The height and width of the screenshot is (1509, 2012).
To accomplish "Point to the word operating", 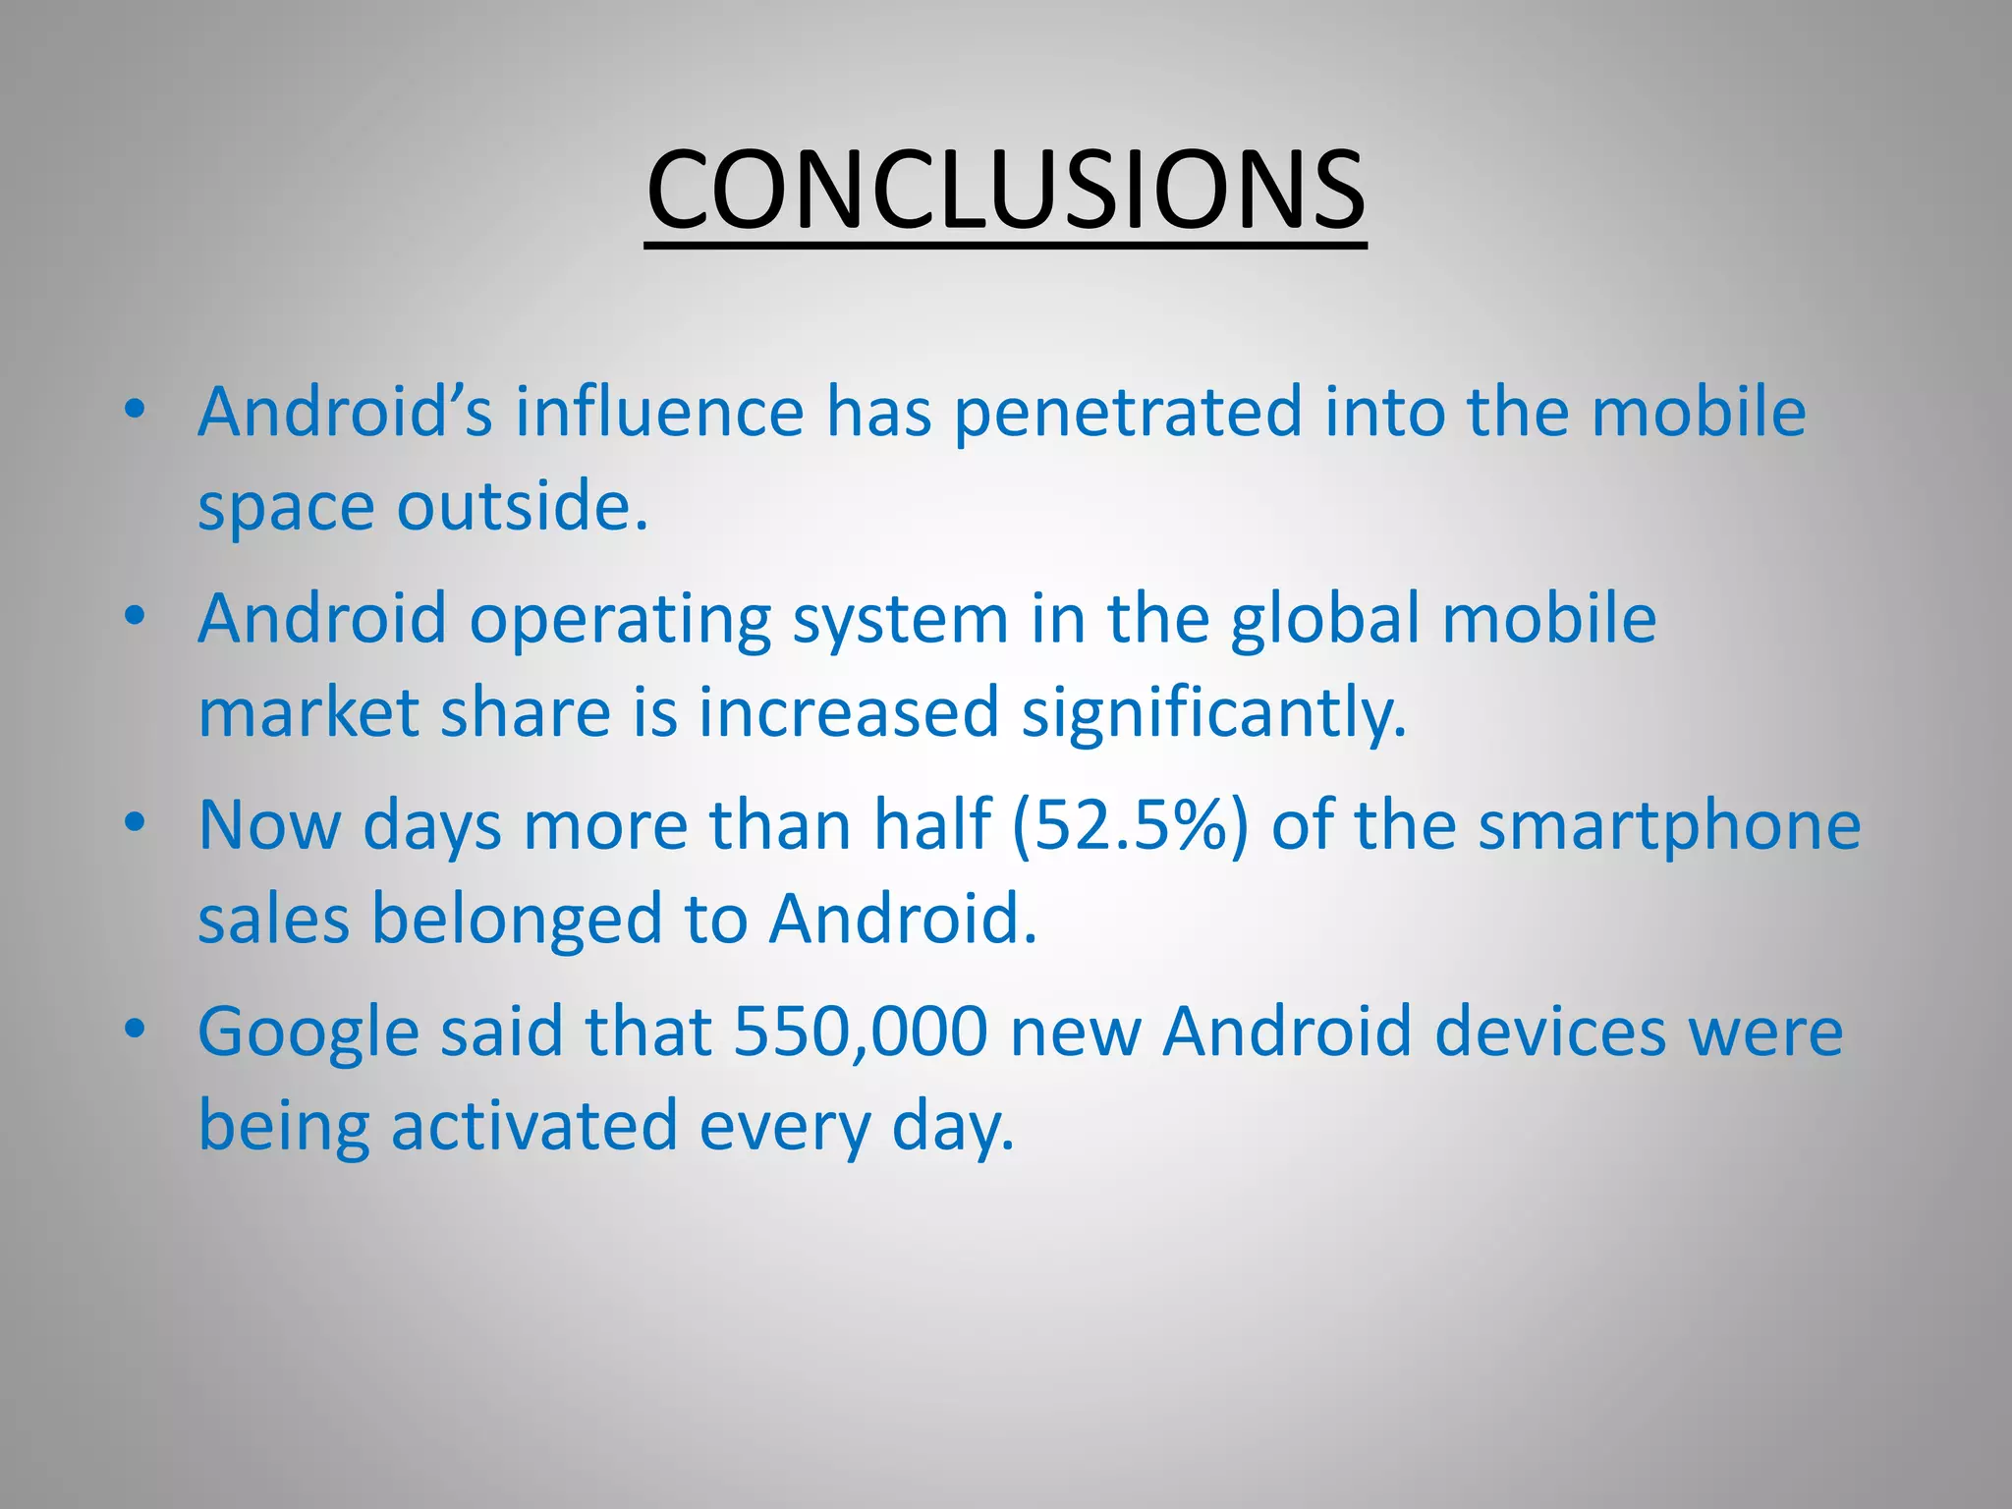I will point(620,620).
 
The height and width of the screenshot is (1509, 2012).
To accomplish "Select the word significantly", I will point(1214,713).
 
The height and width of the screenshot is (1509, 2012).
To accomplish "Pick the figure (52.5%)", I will point(1131,825).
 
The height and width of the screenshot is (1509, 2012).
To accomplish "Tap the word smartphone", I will point(1669,825).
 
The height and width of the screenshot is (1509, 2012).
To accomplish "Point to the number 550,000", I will point(861,1033).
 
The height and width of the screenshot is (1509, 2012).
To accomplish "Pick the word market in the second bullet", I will point(308,713).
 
